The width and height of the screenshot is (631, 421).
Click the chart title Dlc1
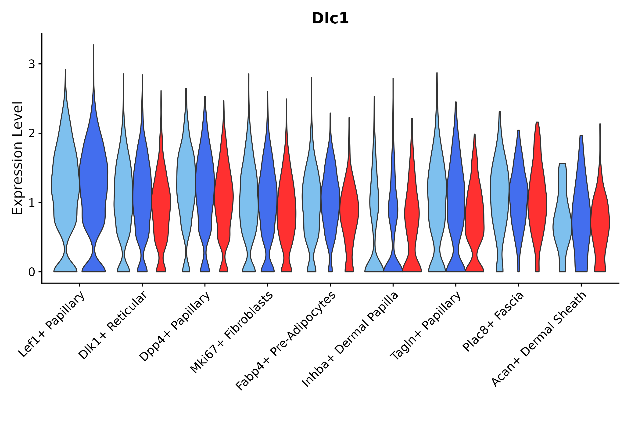[330, 18]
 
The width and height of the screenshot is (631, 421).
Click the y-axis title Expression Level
[18, 158]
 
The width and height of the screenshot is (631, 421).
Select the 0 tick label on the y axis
[32, 272]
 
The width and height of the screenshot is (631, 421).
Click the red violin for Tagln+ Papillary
[475, 215]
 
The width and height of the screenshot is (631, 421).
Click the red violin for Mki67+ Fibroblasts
[287, 209]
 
